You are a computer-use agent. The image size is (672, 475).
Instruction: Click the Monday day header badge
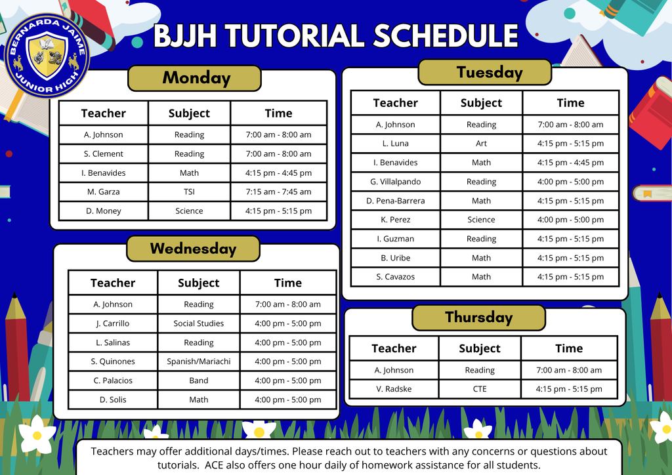point(194,78)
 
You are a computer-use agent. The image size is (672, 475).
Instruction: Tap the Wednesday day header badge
point(193,249)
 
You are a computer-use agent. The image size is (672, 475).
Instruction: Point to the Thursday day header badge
point(478,318)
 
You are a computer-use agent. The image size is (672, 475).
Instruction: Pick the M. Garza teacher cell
point(104,192)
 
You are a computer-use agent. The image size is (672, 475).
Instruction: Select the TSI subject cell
point(189,192)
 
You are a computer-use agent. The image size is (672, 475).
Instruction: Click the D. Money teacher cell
point(104,211)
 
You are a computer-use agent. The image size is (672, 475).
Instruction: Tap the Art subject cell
point(481,144)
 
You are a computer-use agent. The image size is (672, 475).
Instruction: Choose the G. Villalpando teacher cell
point(396,182)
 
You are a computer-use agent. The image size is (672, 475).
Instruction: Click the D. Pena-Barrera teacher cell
point(396,201)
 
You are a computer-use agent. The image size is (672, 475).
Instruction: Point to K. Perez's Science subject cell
point(481,220)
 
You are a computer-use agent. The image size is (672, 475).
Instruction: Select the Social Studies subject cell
point(199,323)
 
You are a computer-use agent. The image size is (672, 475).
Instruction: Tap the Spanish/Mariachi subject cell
point(199,361)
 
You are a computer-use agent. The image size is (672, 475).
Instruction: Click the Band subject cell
point(199,381)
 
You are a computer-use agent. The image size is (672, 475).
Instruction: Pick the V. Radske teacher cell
point(394,389)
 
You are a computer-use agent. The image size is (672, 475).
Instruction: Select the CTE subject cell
point(480,389)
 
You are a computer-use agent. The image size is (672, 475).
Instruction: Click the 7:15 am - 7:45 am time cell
point(278,192)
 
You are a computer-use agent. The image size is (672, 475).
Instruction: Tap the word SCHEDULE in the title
point(446,36)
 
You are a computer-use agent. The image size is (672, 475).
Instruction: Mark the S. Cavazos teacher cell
point(396,277)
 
